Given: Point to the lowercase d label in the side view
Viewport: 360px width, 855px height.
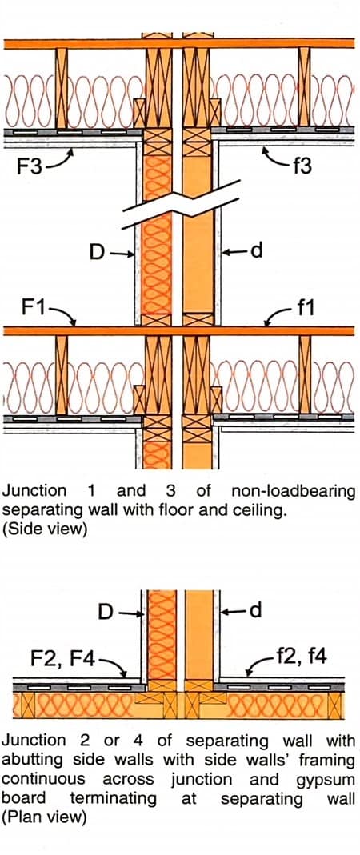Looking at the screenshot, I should click(256, 252).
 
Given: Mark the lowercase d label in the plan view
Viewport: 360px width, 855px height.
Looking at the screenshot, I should click(256, 612).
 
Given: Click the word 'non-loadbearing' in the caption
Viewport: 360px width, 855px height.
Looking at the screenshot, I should click(292, 491).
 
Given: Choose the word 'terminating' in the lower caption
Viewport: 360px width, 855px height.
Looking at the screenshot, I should click(113, 797).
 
